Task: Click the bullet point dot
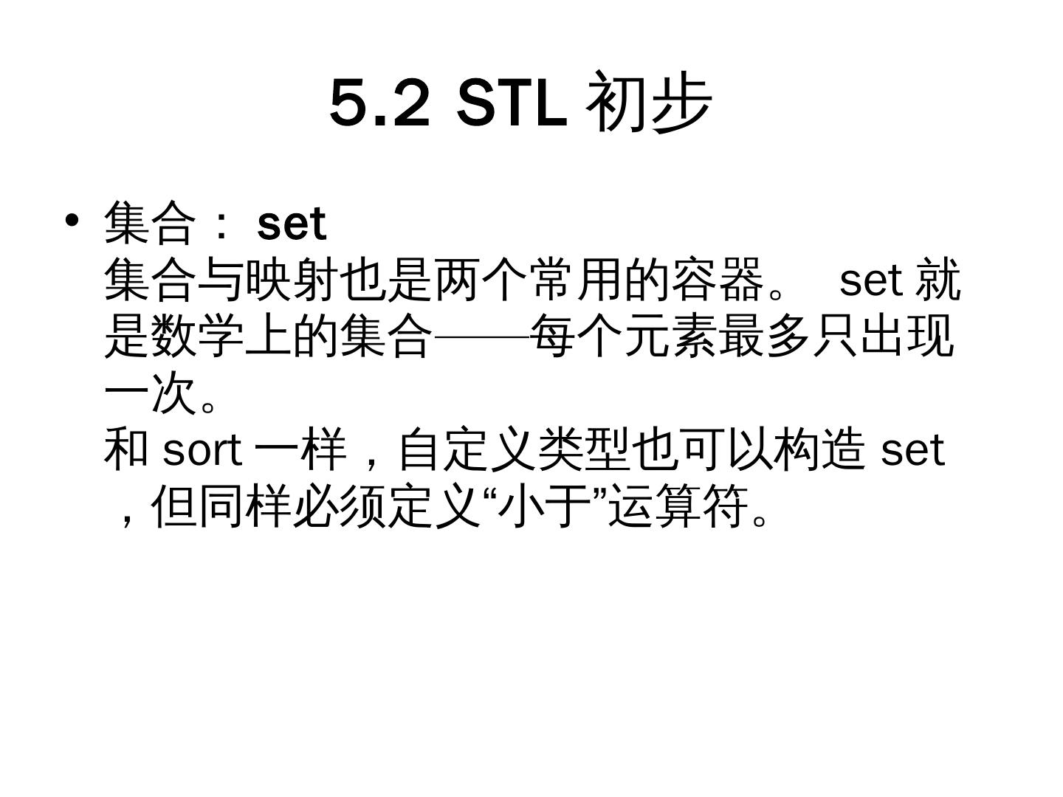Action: click(72, 221)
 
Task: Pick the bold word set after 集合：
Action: click(292, 224)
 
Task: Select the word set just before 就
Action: click(871, 280)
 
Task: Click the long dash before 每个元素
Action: click(481, 337)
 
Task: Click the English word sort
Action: click(202, 449)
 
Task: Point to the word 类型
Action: click(583, 449)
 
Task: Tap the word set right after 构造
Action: click(912, 449)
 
